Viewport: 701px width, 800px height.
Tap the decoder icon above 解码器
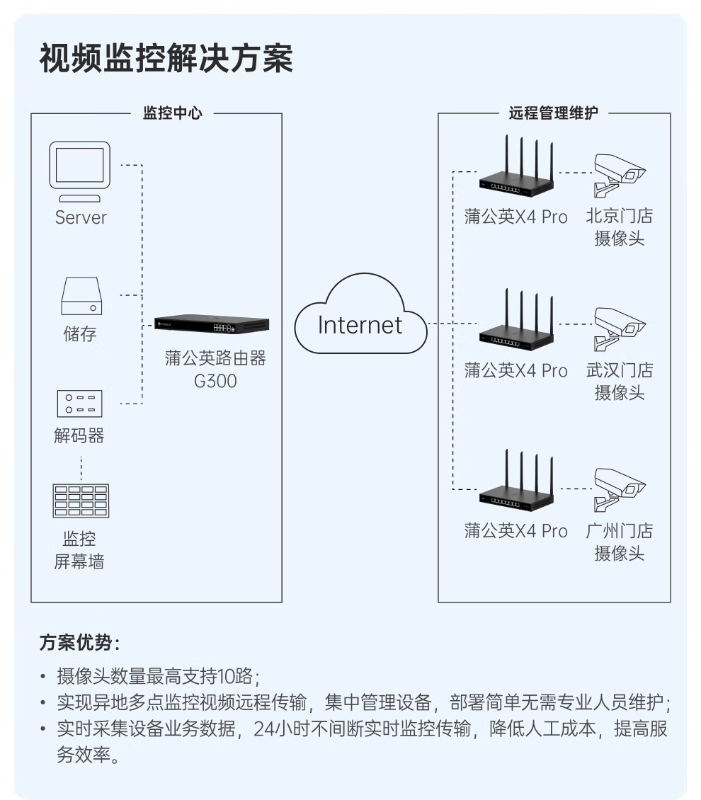80,404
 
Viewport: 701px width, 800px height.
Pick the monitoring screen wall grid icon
81,501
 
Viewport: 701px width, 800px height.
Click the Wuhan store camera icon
617,328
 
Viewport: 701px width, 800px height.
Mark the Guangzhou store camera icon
617,488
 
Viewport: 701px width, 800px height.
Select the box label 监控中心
172,113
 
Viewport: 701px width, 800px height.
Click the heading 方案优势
79,643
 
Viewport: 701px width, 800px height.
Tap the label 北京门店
619,216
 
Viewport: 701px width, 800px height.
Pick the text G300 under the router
215,381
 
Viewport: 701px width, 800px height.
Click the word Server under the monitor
81,217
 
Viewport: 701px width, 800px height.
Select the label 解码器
79,435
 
